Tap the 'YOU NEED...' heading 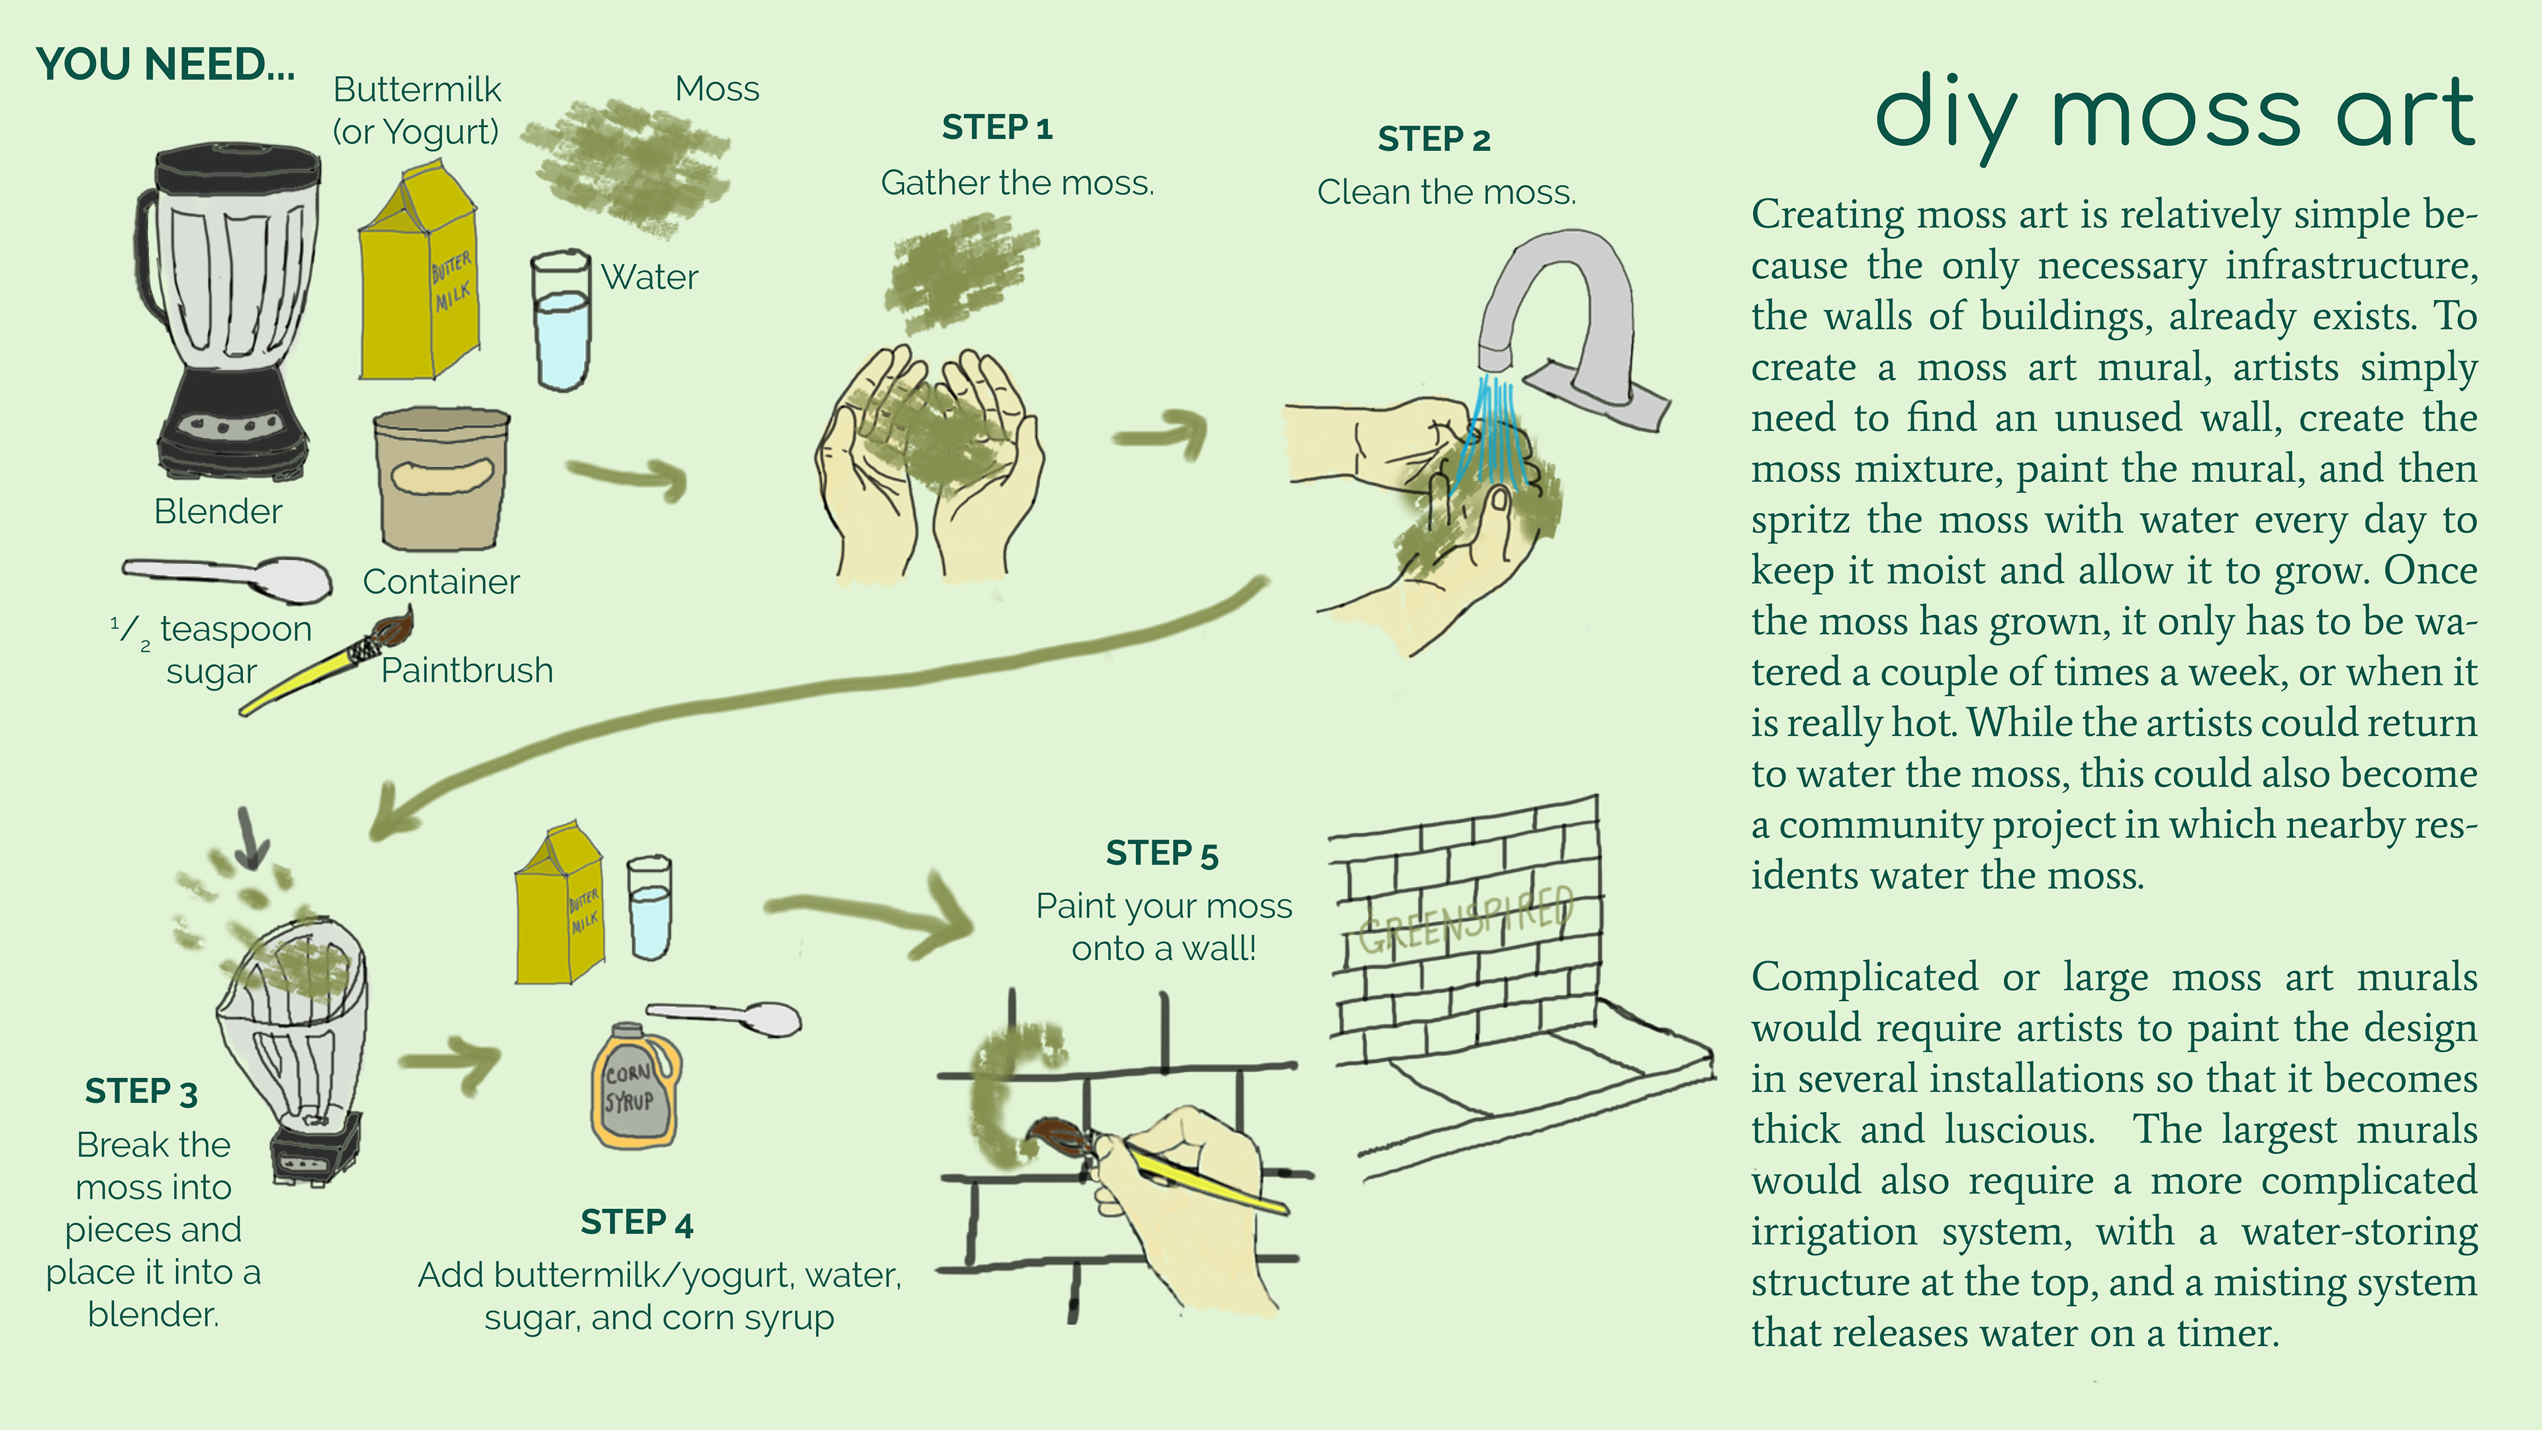[x=165, y=65]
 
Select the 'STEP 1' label [x=997, y=127]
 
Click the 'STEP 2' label [x=1434, y=139]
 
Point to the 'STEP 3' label [x=141, y=1092]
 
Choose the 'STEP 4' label [x=636, y=1223]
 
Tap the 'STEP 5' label [x=1162, y=853]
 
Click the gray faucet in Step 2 [x=1569, y=326]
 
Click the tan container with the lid [x=441, y=479]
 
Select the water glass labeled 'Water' [x=561, y=320]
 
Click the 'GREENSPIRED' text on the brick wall [x=1466, y=921]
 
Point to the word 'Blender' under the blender [x=218, y=511]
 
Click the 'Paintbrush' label [x=467, y=670]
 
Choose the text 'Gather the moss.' [x=1017, y=183]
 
